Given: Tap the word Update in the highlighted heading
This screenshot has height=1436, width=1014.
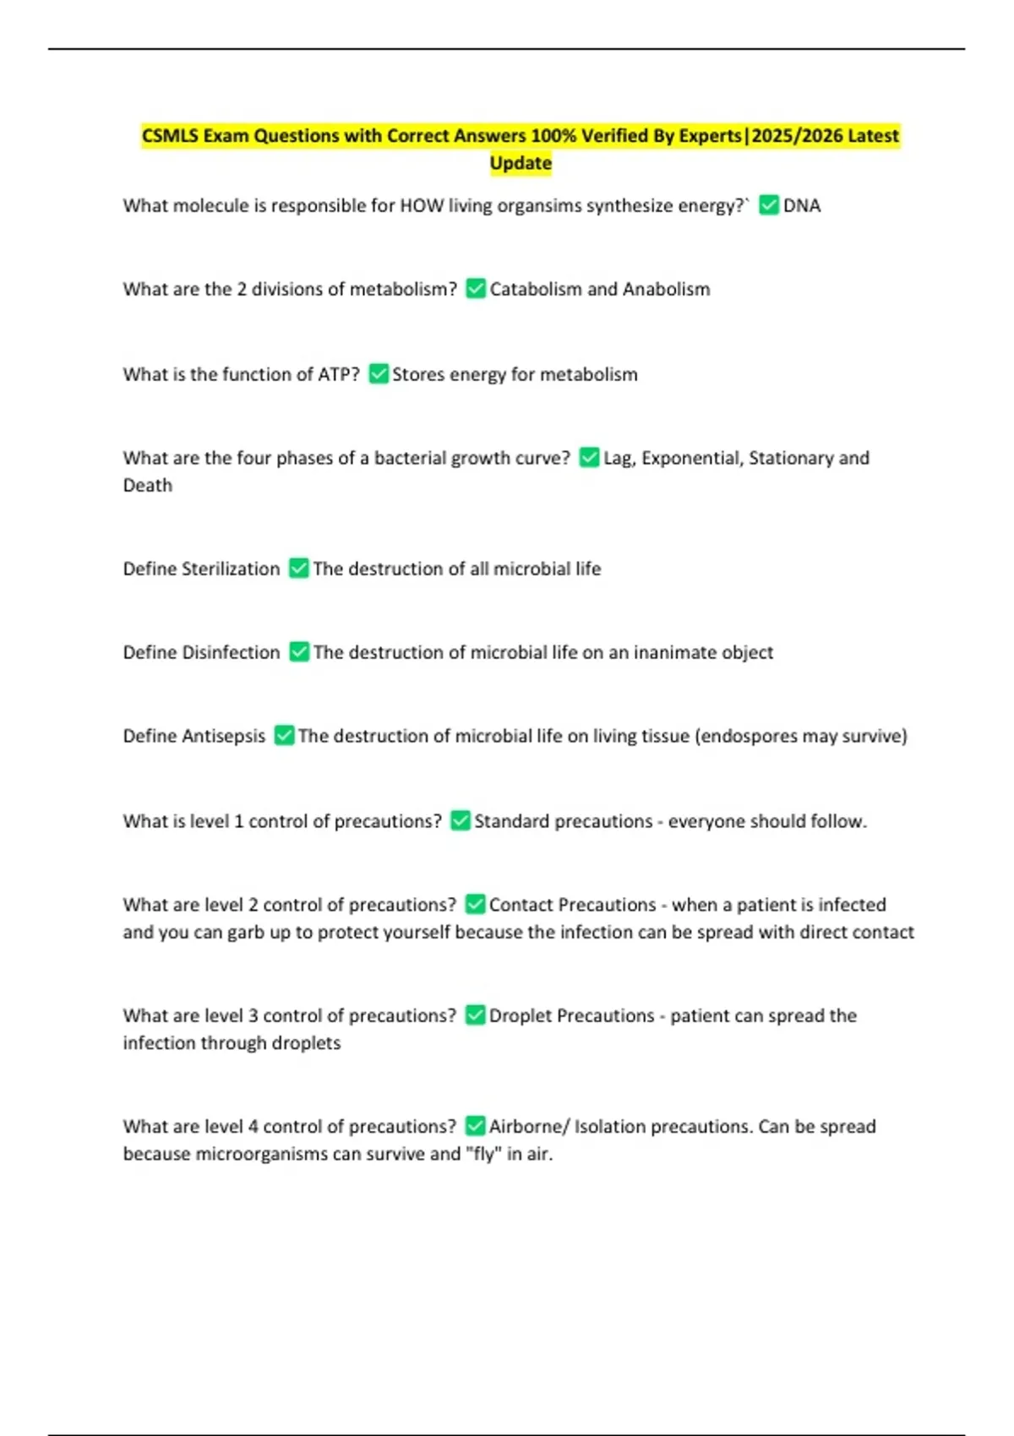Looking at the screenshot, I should coord(521,163).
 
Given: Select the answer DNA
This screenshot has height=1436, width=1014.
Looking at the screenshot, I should coord(802,205).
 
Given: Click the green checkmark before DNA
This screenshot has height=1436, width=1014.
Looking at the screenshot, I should coord(769,205).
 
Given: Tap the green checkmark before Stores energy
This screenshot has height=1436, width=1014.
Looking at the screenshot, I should coord(379,374).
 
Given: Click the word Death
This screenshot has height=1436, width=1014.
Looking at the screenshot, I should coord(148,485).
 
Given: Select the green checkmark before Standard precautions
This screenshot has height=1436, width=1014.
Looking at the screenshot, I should coord(461,821).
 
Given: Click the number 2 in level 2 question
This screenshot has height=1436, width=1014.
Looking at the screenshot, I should coord(253,905).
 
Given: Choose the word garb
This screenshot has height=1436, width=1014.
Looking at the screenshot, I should coord(245,932).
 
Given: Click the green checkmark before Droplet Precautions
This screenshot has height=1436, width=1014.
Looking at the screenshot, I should coord(476,1015).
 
